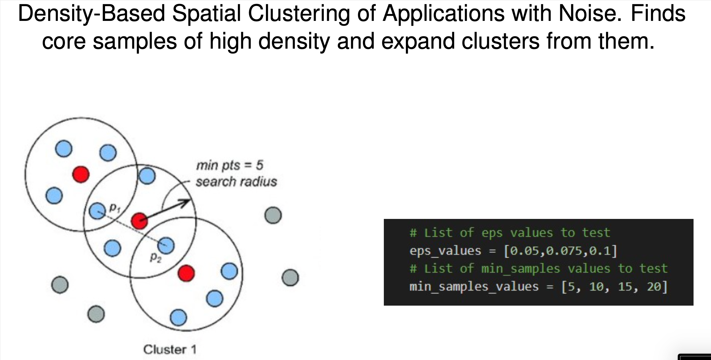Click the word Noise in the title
click(x=590, y=13)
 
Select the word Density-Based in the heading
click(x=92, y=13)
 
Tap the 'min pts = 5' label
click(x=230, y=165)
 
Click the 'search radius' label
click(x=236, y=182)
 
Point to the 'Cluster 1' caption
click(x=170, y=349)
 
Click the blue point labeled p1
click(x=97, y=211)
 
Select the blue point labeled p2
click(x=166, y=245)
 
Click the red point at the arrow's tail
click(x=139, y=221)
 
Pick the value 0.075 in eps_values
click(x=563, y=251)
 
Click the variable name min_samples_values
click(x=474, y=286)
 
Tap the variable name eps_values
click(x=445, y=251)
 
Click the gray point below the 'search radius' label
click(x=273, y=215)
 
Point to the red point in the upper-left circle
click(x=81, y=174)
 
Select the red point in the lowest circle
click(x=186, y=273)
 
